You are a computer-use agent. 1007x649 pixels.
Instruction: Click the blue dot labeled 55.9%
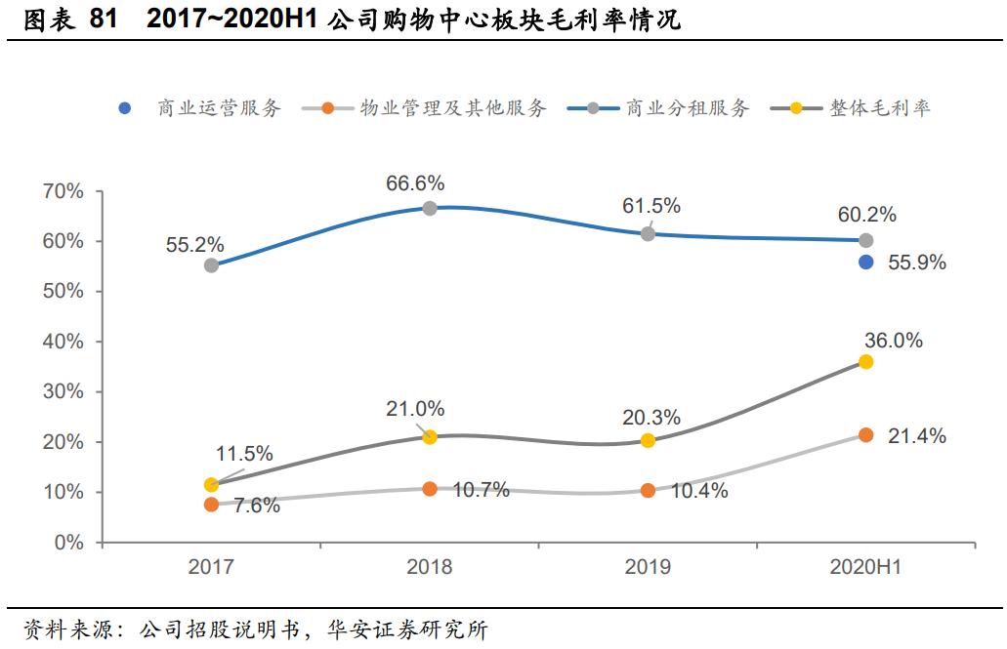pyautogui.click(x=865, y=262)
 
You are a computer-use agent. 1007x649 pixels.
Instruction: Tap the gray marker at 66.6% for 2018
pyautogui.click(x=429, y=208)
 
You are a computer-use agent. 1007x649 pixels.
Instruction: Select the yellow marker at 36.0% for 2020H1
pyautogui.click(x=865, y=362)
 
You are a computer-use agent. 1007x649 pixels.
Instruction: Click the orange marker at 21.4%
pyautogui.click(x=865, y=435)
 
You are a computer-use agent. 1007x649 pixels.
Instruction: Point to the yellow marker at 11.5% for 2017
pyautogui.click(x=211, y=485)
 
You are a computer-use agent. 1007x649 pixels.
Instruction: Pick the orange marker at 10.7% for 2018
pyautogui.click(x=429, y=489)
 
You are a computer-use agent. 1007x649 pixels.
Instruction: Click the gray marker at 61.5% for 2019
pyautogui.click(x=648, y=234)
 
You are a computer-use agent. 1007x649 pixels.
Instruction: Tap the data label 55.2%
pyautogui.click(x=194, y=244)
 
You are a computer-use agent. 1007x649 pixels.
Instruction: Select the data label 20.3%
pyautogui.click(x=651, y=418)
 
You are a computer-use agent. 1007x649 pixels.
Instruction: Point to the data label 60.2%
pyautogui.click(x=866, y=215)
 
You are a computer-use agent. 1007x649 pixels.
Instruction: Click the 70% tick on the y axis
pyautogui.click(x=63, y=191)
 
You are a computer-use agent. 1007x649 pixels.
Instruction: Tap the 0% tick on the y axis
pyautogui.click(x=69, y=543)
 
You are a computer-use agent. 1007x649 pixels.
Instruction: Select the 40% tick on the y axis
pyautogui.click(x=63, y=342)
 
